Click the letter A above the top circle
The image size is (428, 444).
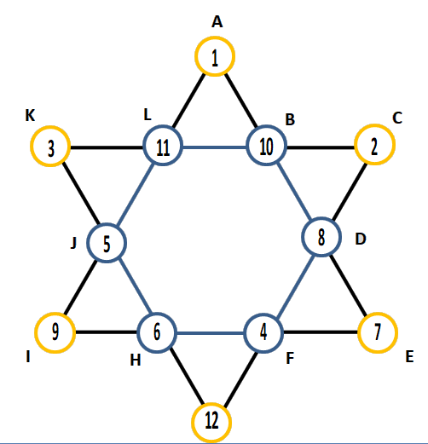tap(217, 22)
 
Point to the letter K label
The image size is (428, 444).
tap(30, 115)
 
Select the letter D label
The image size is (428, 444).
tap(361, 239)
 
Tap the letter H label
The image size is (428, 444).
tap(136, 360)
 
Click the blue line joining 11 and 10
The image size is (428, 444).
tap(215, 147)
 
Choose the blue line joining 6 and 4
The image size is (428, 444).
tap(211, 333)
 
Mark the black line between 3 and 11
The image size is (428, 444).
tap(107, 147)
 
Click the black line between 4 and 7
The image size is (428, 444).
tap(321, 332)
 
